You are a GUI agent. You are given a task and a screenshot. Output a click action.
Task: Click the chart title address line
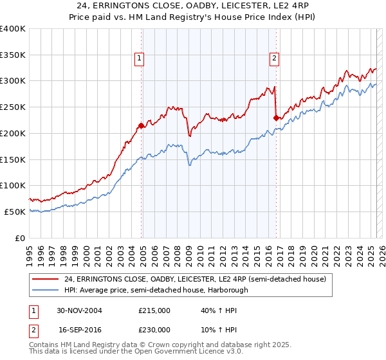pos(193,7)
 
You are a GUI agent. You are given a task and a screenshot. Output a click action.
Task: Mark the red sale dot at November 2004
pos(142,125)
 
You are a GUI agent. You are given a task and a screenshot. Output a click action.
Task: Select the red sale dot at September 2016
pos(276,118)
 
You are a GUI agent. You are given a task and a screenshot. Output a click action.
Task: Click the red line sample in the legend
pos(46,280)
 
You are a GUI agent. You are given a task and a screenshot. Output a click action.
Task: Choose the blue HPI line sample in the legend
pos(46,290)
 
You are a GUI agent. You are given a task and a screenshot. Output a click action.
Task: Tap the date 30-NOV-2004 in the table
pos(80,310)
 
